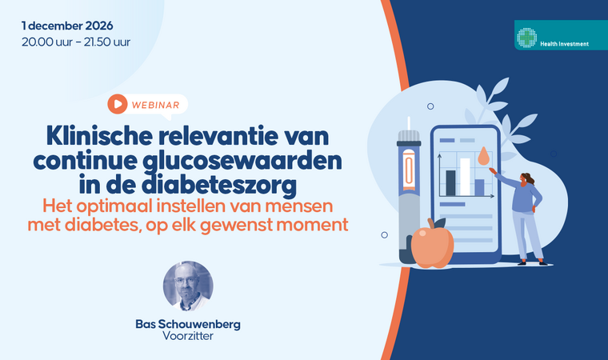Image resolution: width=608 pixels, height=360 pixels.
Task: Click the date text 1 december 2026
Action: tap(67, 26)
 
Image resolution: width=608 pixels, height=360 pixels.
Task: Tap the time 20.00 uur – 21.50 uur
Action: tap(76, 42)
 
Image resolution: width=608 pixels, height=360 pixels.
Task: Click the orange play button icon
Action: tap(118, 104)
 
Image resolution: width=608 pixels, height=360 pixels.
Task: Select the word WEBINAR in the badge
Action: tap(155, 105)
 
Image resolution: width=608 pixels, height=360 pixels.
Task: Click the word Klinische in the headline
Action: tap(99, 136)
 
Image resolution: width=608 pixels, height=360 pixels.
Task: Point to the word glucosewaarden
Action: tap(242, 161)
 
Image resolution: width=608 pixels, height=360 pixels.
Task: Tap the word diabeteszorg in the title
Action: tap(219, 184)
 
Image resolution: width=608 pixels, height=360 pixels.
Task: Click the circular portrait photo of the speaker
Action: tap(188, 286)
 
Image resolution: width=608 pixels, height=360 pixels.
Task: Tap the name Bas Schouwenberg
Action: tap(188, 324)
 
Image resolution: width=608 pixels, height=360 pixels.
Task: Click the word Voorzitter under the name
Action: tap(188, 336)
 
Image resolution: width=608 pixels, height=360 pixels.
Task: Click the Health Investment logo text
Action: tap(564, 44)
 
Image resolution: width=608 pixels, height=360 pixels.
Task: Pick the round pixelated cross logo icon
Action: tap(526, 38)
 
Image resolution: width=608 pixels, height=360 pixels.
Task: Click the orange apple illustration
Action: tap(432, 245)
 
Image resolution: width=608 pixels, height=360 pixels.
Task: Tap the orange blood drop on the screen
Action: tap(483, 156)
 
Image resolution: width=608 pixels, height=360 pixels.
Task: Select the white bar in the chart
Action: tap(465, 177)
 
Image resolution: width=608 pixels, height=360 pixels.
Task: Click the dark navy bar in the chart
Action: tap(450, 183)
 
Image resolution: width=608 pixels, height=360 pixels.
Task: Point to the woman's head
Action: tap(526, 179)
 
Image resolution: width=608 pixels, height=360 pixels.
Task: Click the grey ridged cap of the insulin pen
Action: tap(408, 136)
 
